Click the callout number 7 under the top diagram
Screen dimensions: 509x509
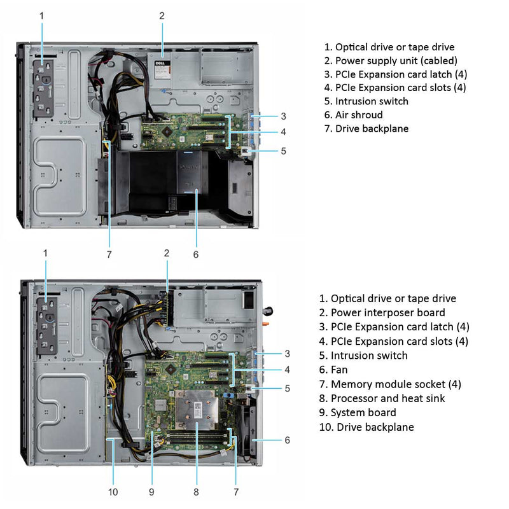(x=109, y=254)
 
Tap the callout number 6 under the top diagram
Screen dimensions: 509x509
(x=195, y=254)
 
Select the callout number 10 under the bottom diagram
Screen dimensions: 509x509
(x=113, y=491)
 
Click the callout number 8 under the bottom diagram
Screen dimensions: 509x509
(x=196, y=491)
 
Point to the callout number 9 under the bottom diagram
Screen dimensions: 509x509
(x=152, y=491)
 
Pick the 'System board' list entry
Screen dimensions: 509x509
(x=357, y=412)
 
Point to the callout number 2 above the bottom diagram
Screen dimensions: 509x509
(x=167, y=253)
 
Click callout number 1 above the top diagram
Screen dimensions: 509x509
(x=42, y=15)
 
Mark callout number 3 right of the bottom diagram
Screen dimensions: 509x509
(x=288, y=353)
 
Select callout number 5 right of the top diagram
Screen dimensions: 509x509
(x=283, y=151)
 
